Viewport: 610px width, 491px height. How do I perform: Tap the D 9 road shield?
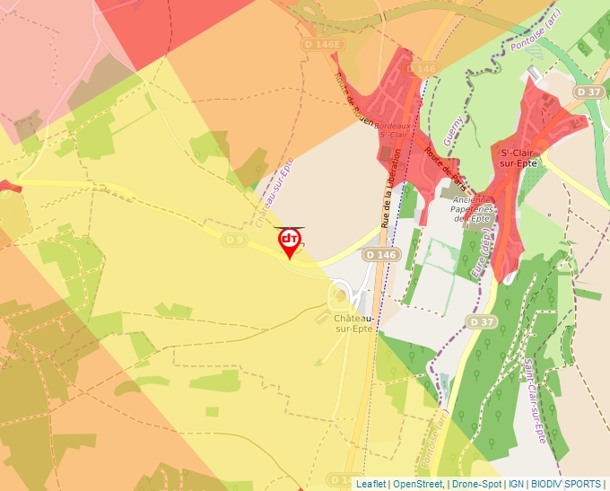pos(235,240)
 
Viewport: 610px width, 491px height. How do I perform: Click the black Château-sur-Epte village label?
pos(353,323)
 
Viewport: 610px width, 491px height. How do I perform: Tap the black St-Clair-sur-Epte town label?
pos(519,157)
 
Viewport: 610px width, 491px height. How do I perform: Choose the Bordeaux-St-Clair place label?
pos(393,131)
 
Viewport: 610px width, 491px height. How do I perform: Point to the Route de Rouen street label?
pos(353,99)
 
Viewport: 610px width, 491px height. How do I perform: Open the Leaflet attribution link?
pos(370,484)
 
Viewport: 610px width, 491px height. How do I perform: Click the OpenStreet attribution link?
pos(417,484)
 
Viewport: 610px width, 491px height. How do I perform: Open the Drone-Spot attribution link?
pos(477,484)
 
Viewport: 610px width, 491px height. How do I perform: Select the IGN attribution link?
pos(516,484)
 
